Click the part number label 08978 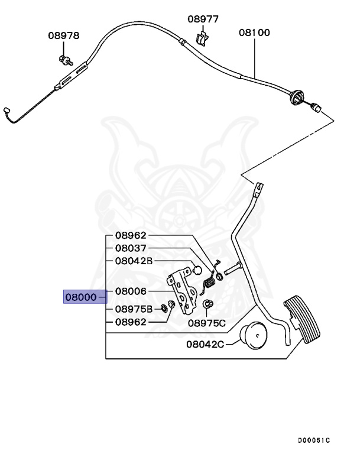click(x=63, y=35)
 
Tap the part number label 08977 click(x=203, y=19)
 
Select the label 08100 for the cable click(x=254, y=33)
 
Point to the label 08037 click(x=131, y=248)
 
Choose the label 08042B click(x=134, y=261)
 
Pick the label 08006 click(x=131, y=291)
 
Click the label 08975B click(x=134, y=309)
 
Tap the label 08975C click(x=207, y=323)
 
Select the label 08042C click(x=205, y=344)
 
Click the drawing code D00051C click(x=314, y=440)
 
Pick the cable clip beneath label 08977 click(x=202, y=39)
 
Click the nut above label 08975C click(x=208, y=304)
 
